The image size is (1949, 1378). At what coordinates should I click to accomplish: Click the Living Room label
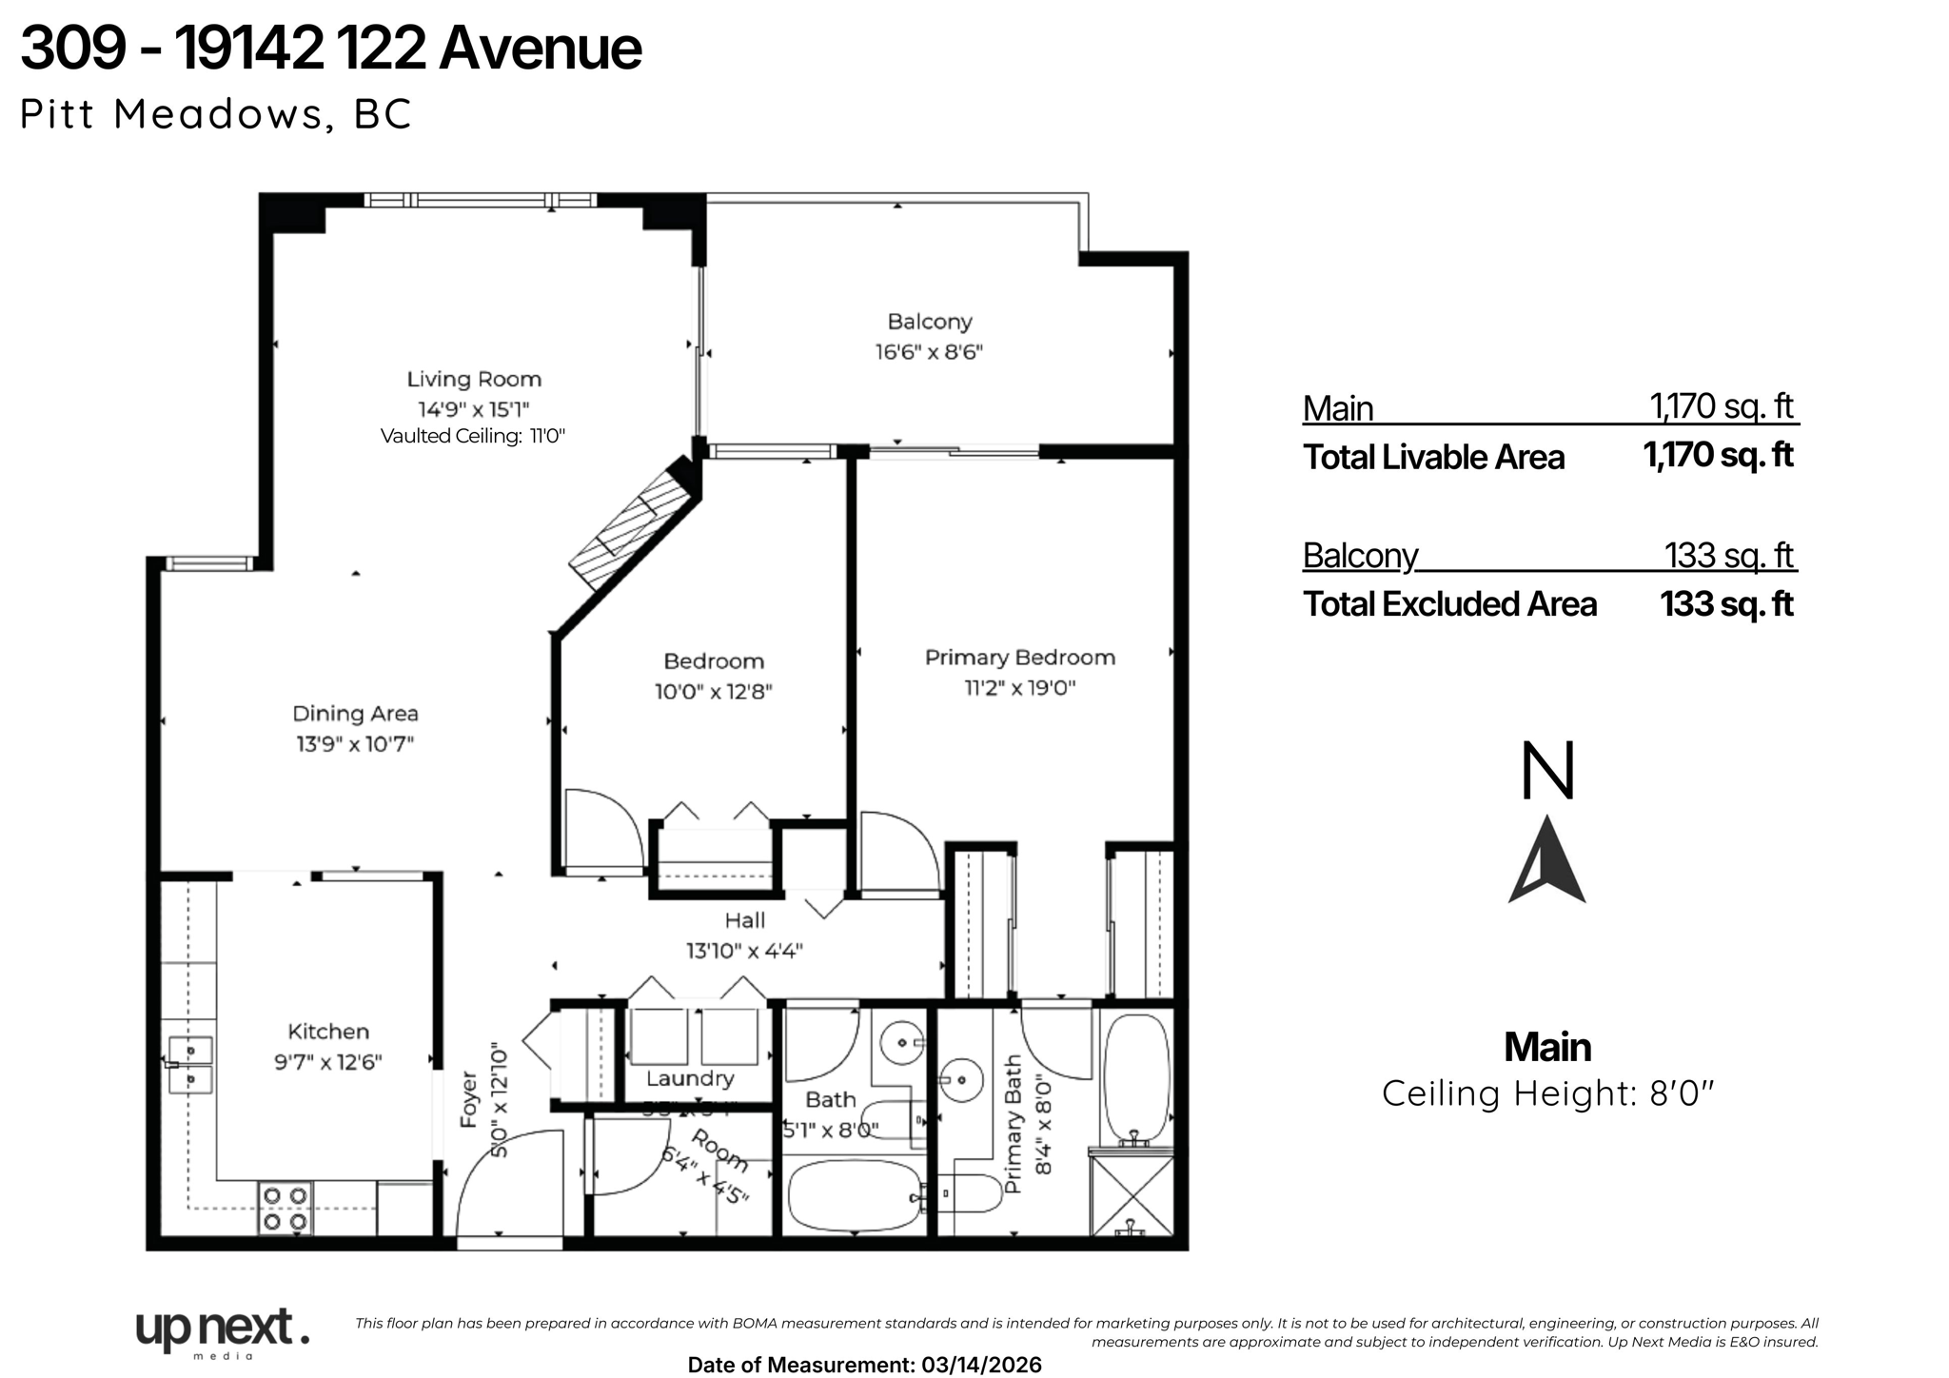[474, 380]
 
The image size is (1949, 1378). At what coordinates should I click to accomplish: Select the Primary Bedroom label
[1019, 658]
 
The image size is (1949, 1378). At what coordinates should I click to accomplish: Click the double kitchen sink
[190, 1065]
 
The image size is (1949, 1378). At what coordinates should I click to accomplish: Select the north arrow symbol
[1546, 860]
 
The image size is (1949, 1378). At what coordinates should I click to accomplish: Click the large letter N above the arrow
[1547, 772]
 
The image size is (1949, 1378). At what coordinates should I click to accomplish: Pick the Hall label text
[744, 920]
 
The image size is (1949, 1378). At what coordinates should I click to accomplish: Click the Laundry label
[690, 1078]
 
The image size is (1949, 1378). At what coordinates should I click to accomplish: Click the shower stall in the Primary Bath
[1132, 1195]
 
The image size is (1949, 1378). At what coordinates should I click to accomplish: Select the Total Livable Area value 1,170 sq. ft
[1718, 456]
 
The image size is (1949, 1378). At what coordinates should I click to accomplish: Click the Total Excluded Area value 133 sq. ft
[1726, 604]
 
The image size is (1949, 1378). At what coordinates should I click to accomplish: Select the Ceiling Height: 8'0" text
[1546, 1093]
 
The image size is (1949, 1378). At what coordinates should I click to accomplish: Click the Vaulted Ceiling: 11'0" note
[473, 437]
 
